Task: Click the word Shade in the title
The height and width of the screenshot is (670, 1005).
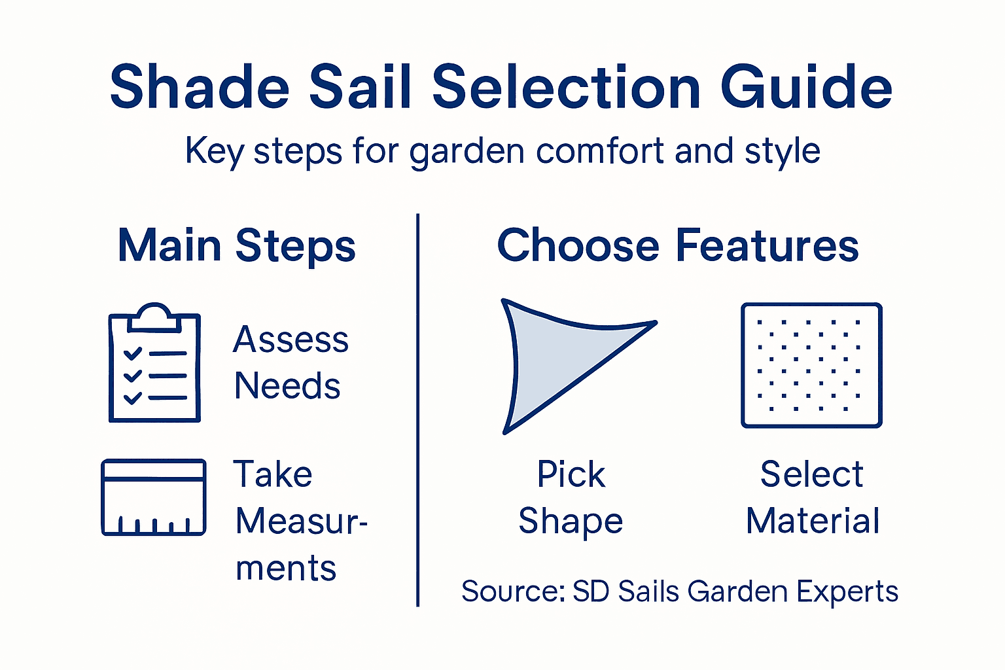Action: coord(200,87)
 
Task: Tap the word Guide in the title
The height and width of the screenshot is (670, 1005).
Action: coord(806,87)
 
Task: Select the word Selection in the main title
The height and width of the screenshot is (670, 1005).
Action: coord(567,87)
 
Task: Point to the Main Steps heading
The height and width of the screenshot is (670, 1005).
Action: coord(237,246)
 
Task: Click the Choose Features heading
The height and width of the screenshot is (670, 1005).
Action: coord(678,246)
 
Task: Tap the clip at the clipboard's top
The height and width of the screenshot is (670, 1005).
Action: coord(154,316)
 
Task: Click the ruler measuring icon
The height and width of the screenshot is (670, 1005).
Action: coord(154,497)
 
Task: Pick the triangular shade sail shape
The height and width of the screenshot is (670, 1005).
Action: coord(556,360)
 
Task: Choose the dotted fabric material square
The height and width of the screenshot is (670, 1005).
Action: coord(811,365)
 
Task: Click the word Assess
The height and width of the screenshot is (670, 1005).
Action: coord(291,340)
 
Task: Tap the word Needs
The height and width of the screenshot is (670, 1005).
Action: coord(287,386)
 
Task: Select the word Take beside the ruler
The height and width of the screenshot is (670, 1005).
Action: coord(273,474)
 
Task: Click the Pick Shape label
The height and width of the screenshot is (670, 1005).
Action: coord(571,497)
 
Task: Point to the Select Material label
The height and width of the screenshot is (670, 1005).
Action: coord(812,497)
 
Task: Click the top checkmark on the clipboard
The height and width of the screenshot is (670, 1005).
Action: coord(133,353)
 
